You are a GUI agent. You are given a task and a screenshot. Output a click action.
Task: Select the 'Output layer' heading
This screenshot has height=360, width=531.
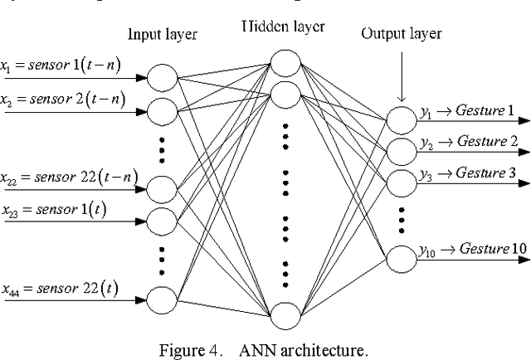[x=402, y=34]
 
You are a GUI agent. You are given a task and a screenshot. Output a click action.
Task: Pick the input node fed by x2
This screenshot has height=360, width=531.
[x=163, y=107]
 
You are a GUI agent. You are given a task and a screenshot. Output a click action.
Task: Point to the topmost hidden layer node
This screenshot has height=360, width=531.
[x=285, y=62]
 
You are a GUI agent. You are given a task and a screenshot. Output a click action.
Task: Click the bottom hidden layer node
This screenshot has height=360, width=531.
[x=285, y=315]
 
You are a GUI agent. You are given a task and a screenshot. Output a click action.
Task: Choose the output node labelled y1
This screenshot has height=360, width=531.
[x=399, y=121]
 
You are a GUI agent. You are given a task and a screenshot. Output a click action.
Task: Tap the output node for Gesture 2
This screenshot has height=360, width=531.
[x=399, y=150]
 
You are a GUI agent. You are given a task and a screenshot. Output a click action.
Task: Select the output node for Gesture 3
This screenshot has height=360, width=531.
[x=399, y=179]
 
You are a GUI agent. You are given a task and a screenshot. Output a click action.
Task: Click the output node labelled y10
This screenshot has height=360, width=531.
[x=399, y=258]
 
